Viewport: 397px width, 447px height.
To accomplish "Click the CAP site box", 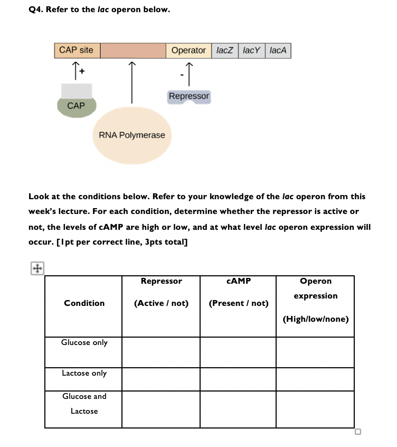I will coord(76,50).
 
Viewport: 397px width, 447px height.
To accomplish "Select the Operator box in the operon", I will coord(188,51).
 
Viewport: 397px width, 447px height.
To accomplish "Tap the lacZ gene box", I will coord(225,51).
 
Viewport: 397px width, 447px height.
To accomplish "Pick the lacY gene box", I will coord(251,51).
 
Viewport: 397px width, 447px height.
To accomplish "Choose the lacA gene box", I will coord(278,51).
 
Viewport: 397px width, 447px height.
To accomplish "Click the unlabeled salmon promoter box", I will coord(133,51).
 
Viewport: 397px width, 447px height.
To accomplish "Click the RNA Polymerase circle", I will coord(132,135).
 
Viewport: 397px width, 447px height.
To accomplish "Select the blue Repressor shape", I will coord(189,97).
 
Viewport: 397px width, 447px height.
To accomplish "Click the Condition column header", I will coord(84,303).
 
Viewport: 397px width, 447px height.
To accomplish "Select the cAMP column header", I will coord(238,281).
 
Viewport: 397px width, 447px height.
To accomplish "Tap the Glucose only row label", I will coord(84,342).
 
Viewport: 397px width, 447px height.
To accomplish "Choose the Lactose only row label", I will coord(84,373).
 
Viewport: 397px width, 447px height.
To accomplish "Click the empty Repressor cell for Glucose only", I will coord(161,352).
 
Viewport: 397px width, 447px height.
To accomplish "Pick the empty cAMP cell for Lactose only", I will coord(238,379).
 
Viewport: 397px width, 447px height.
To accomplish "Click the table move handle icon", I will coord(36,268).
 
